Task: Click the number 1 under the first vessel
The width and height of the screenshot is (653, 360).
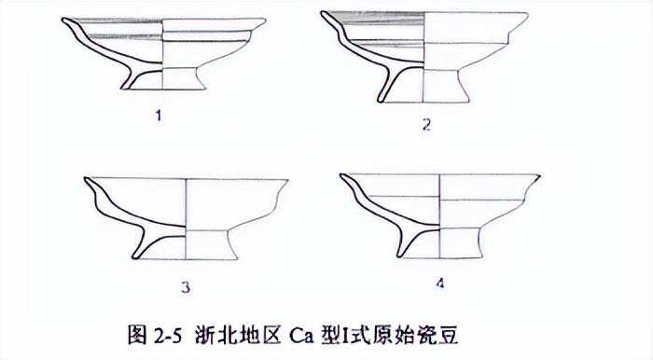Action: [159, 116]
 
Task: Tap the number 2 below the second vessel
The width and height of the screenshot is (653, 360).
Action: [426, 125]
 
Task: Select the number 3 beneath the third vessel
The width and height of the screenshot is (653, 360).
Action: [186, 287]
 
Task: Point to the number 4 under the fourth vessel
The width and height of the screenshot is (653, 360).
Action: [440, 284]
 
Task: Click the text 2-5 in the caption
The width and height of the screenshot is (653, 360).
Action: [168, 335]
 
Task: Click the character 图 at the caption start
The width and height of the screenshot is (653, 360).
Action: [137, 335]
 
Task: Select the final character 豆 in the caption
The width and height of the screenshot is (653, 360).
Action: [449, 335]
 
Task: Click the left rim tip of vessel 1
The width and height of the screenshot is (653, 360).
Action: [63, 19]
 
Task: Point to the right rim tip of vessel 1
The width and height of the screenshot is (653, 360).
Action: [264, 20]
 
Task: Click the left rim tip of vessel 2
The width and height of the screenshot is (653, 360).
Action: [322, 12]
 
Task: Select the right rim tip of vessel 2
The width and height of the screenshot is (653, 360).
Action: [527, 15]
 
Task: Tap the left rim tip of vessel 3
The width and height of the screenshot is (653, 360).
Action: [86, 178]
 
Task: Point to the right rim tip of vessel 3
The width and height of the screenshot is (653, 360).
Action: [287, 181]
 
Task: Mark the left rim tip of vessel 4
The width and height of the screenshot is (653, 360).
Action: [341, 174]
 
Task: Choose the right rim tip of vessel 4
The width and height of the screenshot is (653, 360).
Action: [539, 176]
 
